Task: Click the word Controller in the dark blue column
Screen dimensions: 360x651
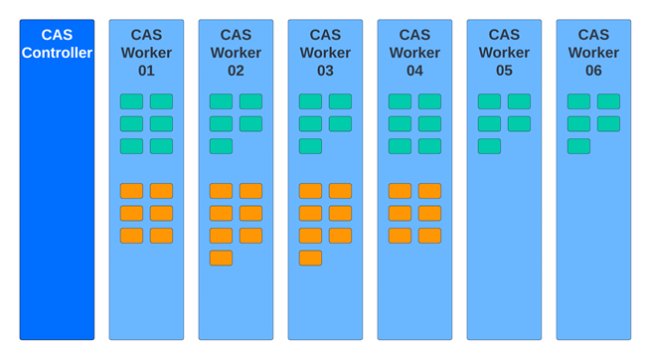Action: [x=57, y=53]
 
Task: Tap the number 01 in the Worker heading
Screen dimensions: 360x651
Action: [x=146, y=71]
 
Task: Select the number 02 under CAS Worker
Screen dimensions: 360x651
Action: [x=236, y=71]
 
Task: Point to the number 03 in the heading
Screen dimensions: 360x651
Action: [x=325, y=71]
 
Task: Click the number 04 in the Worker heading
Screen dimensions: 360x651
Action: [x=414, y=71]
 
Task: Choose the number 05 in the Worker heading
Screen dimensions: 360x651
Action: [x=504, y=71]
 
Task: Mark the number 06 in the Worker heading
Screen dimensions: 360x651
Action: [x=593, y=71]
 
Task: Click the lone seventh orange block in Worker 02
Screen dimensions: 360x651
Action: [x=221, y=258]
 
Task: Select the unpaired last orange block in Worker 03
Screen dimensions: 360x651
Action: [x=310, y=258]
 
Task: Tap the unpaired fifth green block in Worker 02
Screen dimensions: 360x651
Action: [x=221, y=146]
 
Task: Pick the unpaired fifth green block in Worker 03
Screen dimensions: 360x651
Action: [x=310, y=146]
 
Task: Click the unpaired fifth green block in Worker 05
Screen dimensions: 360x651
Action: [x=489, y=146]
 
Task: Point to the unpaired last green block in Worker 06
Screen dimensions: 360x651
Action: [x=578, y=146]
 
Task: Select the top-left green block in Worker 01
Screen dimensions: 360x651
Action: [x=131, y=101]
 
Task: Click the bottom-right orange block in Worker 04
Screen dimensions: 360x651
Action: [x=429, y=236]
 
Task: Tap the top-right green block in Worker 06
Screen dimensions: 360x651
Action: [x=608, y=101]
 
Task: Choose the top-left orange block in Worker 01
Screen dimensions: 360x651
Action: [x=131, y=191]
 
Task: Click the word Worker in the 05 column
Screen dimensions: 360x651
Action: [x=504, y=53]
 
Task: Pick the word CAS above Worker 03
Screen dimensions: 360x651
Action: [x=325, y=35]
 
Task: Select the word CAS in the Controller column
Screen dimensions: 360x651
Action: [x=57, y=35]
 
